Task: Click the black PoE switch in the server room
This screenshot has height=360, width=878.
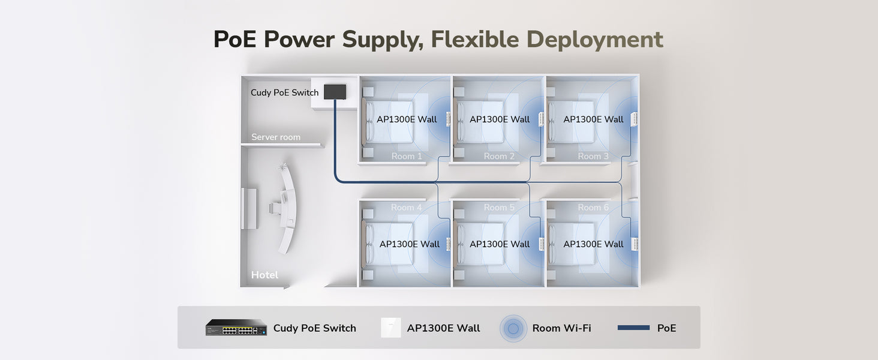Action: click(335, 92)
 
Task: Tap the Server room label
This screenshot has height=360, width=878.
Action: click(276, 137)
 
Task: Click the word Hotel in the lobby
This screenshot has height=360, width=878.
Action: click(264, 275)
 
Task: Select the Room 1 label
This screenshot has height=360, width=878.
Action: click(407, 156)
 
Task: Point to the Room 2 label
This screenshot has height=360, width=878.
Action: click(499, 156)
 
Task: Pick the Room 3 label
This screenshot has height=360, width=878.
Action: click(593, 156)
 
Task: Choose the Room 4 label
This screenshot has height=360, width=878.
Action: click(406, 208)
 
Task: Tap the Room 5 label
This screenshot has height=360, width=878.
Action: click(499, 208)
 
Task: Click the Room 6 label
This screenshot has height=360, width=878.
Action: click(593, 208)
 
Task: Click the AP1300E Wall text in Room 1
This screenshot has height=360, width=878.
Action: click(407, 119)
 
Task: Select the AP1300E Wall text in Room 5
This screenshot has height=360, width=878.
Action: click(500, 244)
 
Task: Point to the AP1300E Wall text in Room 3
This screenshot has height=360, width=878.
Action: click(593, 119)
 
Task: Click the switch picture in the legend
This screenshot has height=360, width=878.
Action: click(236, 328)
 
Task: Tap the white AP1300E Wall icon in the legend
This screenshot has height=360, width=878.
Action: click(391, 328)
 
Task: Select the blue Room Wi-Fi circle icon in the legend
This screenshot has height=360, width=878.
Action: click(513, 328)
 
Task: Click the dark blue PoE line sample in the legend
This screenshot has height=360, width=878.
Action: click(633, 328)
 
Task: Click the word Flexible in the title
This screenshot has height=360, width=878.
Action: click(475, 40)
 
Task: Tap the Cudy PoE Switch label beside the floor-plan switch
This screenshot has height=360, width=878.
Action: click(284, 93)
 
